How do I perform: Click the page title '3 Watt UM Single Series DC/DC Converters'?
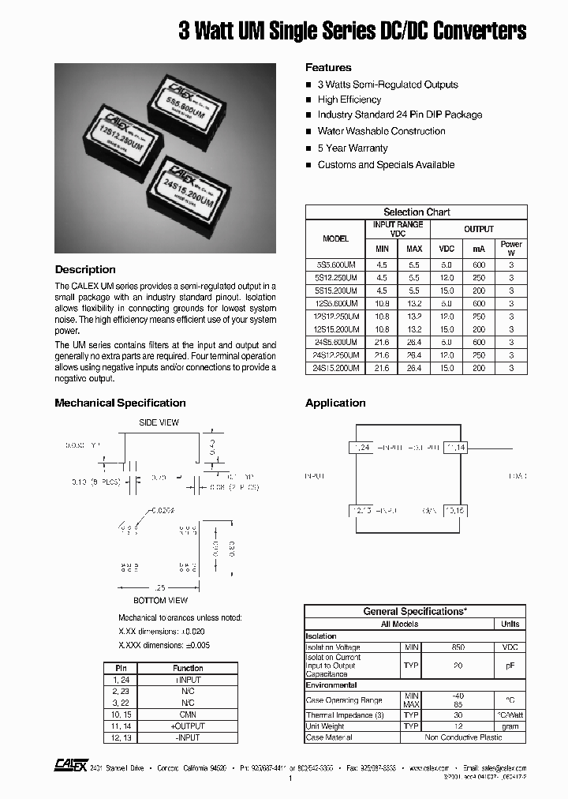click(353, 31)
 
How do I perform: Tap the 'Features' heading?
click(328, 67)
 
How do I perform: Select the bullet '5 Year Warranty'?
click(352, 148)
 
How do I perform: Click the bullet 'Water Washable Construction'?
click(381, 131)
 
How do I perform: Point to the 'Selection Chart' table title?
click(416, 212)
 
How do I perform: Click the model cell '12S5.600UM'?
click(335, 303)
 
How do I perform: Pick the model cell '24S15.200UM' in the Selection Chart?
click(335, 368)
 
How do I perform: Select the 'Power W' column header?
click(511, 249)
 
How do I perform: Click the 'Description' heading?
click(85, 269)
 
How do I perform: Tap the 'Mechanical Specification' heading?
click(120, 403)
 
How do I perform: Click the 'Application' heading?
click(335, 403)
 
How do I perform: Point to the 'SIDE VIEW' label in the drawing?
click(159, 422)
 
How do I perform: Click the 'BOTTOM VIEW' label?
click(161, 600)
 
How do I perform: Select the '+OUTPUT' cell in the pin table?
click(188, 726)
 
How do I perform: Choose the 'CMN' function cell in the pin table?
click(188, 714)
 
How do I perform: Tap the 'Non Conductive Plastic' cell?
click(463, 737)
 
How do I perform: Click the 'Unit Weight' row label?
click(325, 726)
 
